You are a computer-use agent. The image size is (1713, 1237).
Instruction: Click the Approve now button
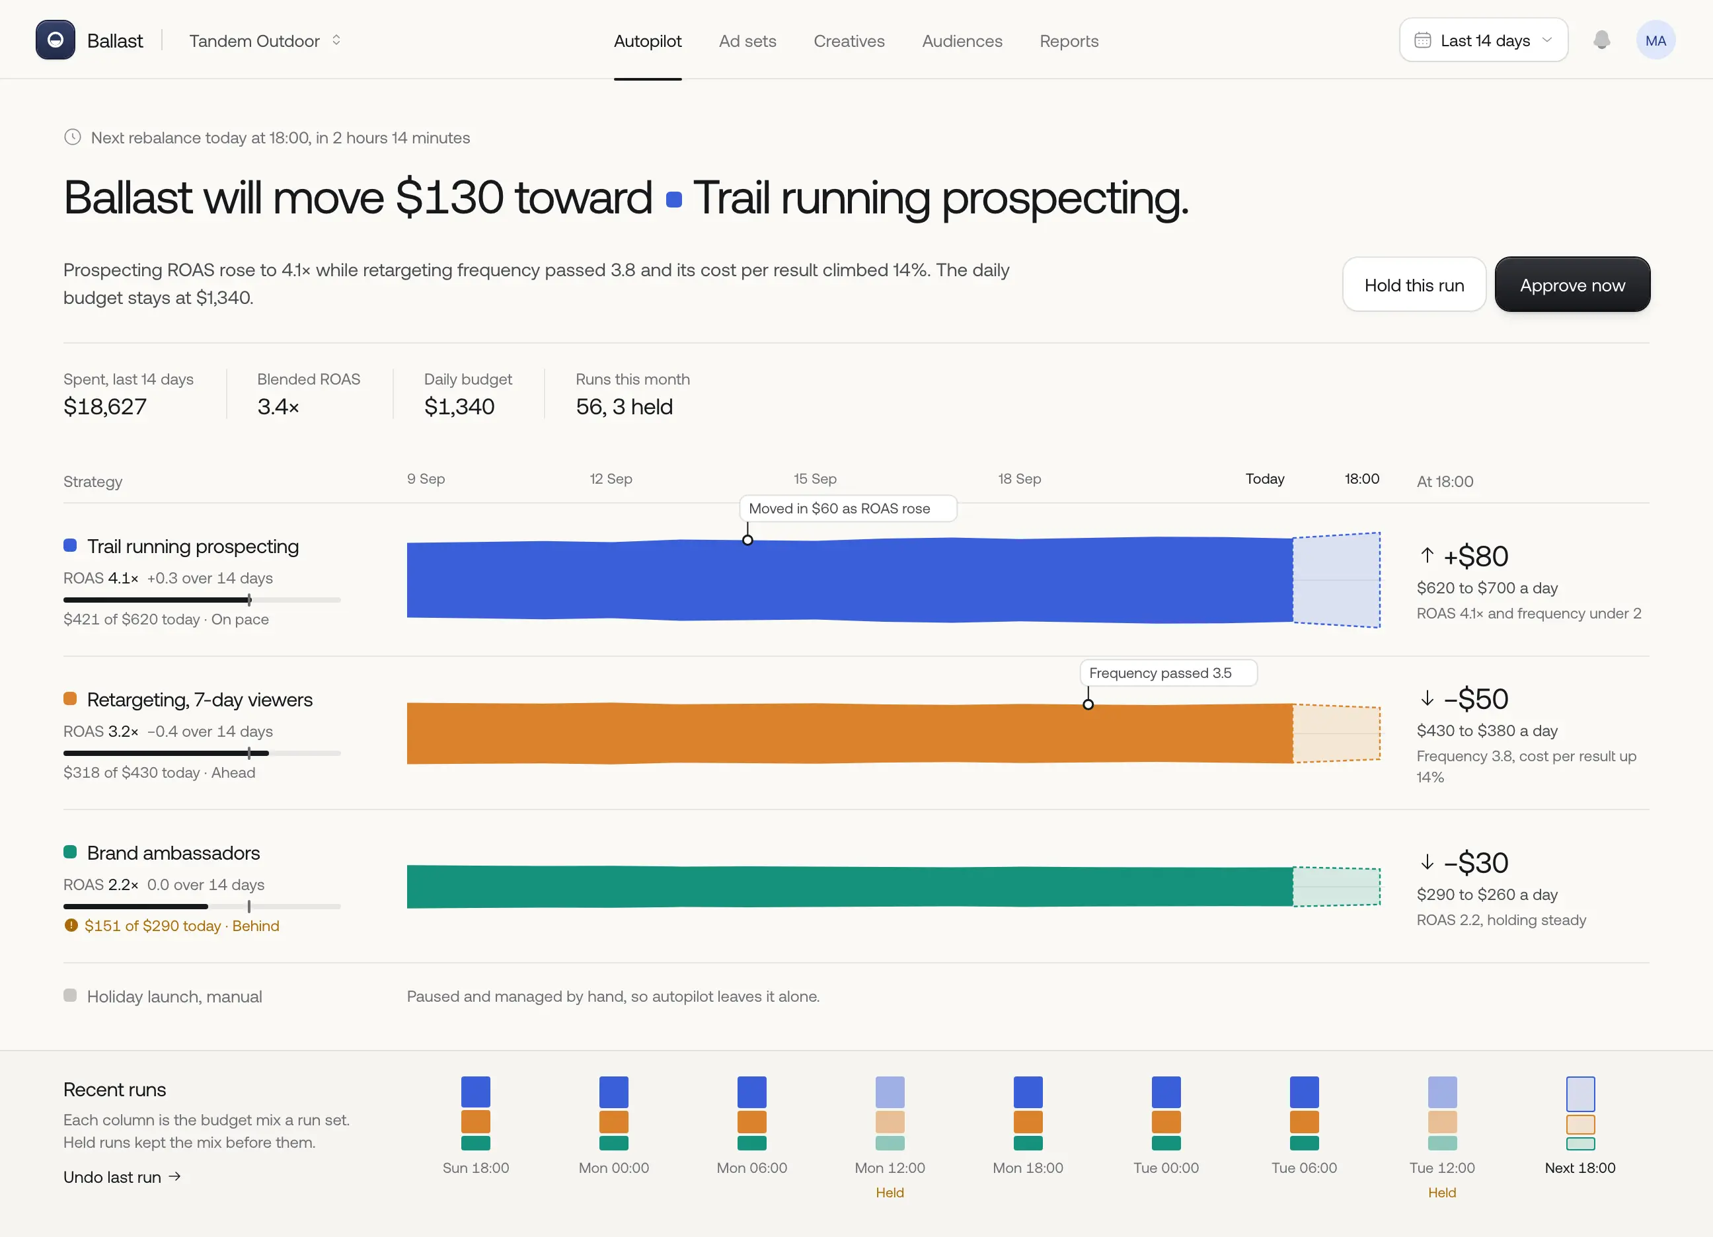tap(1572, 285)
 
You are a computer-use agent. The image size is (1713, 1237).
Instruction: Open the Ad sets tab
tap(747, 41)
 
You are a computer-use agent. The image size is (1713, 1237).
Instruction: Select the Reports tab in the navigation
tap(1069, 41)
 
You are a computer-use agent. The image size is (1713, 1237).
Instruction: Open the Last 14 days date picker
tap(1484, 40)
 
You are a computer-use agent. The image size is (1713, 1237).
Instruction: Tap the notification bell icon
tap(1601, 40)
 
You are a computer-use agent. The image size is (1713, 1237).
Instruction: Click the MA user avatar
tap(1656, 40)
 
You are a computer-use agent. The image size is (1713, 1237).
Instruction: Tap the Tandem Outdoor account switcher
tap(265, 41)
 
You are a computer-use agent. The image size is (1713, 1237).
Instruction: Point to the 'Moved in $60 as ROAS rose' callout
tap(847, 508)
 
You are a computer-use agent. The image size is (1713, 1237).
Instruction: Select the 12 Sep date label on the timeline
tap(611, 479)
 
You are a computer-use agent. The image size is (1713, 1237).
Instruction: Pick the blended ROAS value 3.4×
tap(278, 406)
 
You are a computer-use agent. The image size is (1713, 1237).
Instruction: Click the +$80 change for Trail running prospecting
tap(1475, 556)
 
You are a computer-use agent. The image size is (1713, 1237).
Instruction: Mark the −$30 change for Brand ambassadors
tap(1475, 862)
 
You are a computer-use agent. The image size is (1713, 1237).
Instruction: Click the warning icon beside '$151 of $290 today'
tap(71, 925)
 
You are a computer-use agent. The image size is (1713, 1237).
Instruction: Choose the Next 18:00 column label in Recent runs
tap(1580, 1168)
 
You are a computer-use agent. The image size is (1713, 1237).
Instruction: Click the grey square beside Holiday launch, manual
tap(70, 995)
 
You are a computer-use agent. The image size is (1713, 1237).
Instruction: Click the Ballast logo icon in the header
tap(55, 40)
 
